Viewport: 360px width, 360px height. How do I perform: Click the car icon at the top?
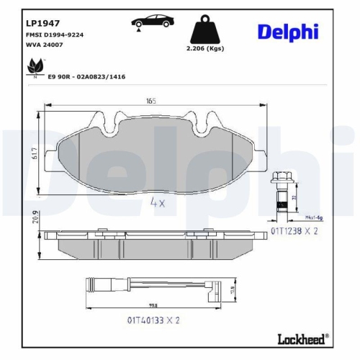(x=151, y=22)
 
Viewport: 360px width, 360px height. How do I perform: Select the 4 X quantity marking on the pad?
(x=158, y=203)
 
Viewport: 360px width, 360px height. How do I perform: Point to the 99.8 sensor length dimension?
(x=153, y=303)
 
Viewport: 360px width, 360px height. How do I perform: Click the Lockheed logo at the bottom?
(x=302, y=338)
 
